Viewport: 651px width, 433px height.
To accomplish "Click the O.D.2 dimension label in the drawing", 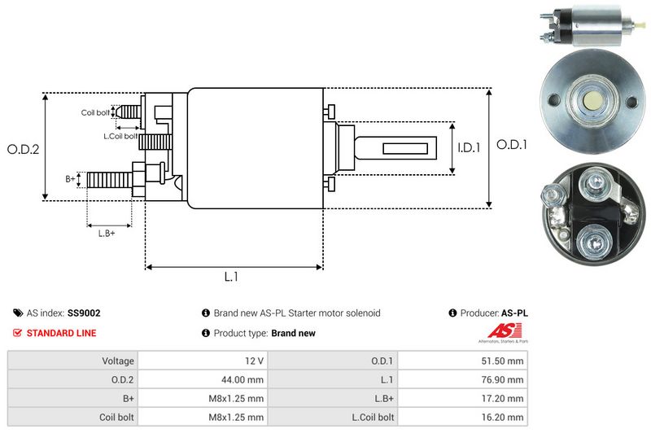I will pos(24,149).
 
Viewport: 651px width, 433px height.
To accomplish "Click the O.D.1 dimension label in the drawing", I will pos(513,145).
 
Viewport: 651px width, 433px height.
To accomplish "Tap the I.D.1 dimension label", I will pos(469,148).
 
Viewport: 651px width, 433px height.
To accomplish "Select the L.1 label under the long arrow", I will pos(231,277).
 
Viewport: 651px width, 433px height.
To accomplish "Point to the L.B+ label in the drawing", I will pos(107,234).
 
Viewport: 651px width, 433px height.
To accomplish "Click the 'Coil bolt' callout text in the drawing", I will pos(95,112).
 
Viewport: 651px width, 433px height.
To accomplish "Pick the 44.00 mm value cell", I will pos(245,379).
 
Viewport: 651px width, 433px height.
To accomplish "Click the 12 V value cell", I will pos(253,360).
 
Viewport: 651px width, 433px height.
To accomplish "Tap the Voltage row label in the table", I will pos(118,360).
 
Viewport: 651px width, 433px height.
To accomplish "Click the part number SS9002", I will pos(85,313).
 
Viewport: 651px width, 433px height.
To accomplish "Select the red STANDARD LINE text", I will pos(61,333).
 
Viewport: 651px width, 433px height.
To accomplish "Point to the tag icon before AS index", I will pos(18,313).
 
